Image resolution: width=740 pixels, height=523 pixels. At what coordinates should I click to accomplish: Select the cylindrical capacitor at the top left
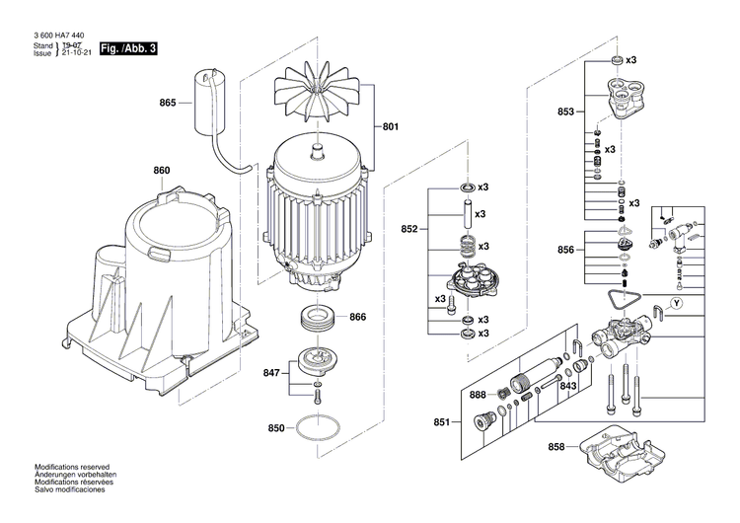pos(207,98)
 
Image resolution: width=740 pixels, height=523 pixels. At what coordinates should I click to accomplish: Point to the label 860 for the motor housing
pos(161,171)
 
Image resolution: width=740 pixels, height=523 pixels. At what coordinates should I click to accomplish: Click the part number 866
pos(357,317)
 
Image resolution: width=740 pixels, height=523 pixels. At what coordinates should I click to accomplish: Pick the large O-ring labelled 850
pos(316,429)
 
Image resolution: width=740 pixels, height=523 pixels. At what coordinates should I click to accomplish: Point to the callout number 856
pos(565,251)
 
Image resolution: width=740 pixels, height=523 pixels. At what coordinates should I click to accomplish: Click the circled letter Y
pos(676,302)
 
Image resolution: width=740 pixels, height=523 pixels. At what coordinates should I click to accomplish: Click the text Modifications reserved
pos(72,467)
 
